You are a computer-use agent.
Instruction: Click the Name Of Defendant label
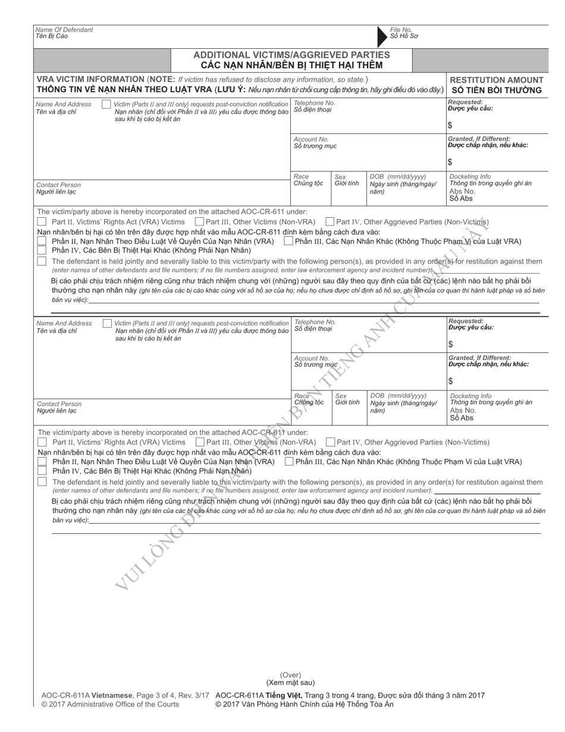click(64, 29)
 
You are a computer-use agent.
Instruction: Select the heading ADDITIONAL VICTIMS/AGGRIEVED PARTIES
click(291, 55)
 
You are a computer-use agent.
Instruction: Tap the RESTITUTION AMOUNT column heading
click(497, 80)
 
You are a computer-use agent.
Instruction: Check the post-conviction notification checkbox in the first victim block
click(106, 105)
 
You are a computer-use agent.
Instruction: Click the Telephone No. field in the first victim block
click(369, 116)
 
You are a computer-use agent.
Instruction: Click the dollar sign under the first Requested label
click(450, 126)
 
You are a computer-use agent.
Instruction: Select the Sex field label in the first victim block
click(340, 177)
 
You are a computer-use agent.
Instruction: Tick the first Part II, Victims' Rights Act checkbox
click(42, 222)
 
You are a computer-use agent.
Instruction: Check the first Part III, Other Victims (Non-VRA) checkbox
click(200, 222)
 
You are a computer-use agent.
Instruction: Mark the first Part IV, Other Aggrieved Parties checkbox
click(330, 222)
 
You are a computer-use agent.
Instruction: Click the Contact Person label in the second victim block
click(59, 404)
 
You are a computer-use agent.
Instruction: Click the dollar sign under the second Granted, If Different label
click(451, 381)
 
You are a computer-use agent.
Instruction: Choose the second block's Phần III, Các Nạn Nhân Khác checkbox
click(288, 461)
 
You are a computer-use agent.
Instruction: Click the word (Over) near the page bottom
click(291, 675)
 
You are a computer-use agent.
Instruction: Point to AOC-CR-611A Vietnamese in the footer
click(87, 695)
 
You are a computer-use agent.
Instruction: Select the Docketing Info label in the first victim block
click(470, 177)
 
